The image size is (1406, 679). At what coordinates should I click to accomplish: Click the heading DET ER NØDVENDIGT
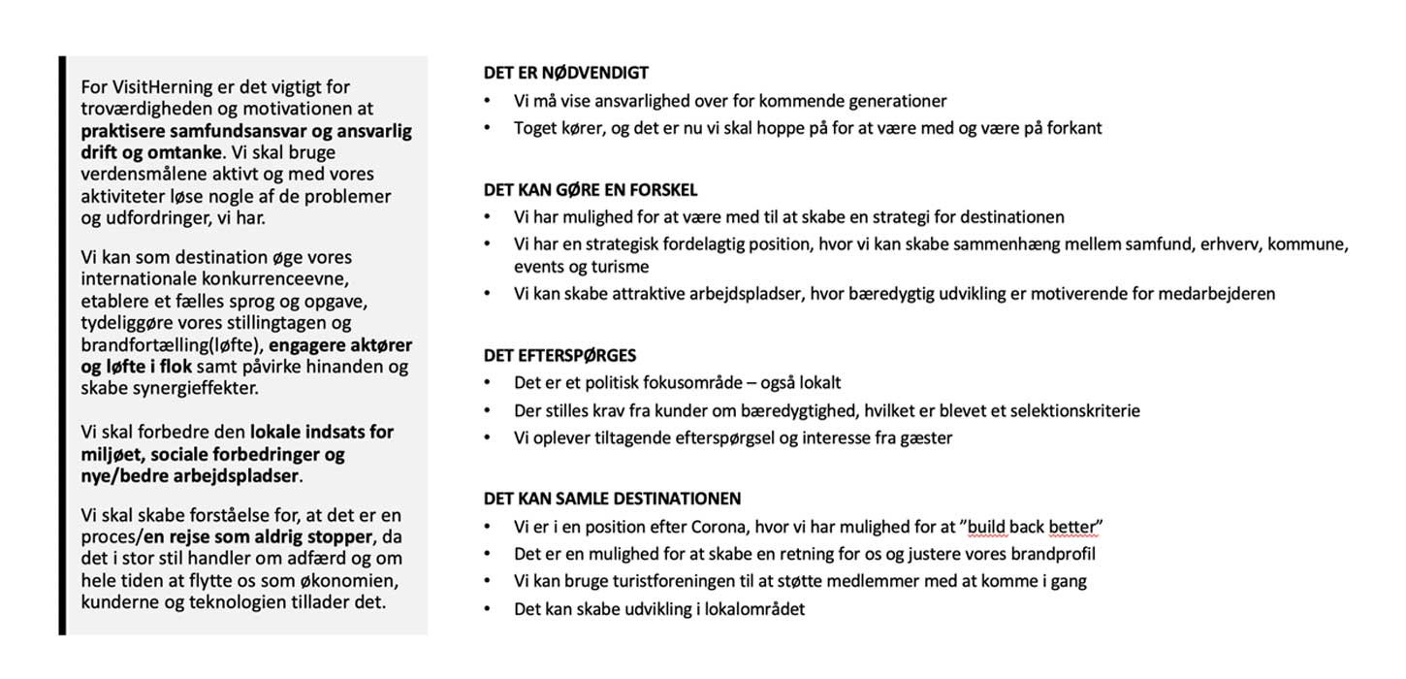point(566,73)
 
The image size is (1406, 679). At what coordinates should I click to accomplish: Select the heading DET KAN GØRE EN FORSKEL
point(591,190)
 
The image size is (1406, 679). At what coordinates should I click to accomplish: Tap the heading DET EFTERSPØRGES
point(559,356)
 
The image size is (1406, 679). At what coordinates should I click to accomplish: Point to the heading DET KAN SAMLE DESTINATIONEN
point(612,499)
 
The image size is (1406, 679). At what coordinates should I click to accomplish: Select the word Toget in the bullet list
point(535,128)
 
